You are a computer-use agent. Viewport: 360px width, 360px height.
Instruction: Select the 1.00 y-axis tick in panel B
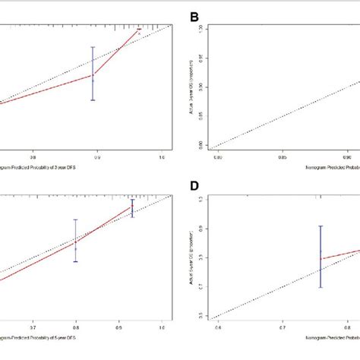coord(200,27)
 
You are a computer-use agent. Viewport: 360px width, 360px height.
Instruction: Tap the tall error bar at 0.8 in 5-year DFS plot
coord(75,241)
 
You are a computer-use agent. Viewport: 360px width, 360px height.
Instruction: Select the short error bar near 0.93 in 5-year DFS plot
coord(132,209)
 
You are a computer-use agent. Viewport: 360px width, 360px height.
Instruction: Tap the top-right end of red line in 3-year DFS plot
coord(140,30)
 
